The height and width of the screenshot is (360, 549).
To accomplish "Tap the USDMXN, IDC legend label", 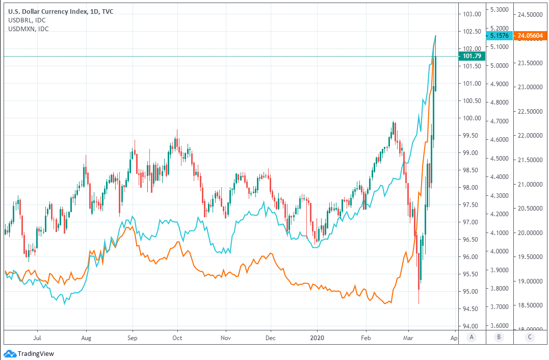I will [x=29, y=29].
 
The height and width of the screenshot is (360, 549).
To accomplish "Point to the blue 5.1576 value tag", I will [x=498, y=36].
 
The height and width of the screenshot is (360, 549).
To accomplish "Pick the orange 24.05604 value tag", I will [x=530, y=36].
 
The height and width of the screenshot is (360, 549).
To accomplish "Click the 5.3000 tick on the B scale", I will [x=499, y=10].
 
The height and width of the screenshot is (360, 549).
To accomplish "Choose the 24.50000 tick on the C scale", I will [x=530, y=14].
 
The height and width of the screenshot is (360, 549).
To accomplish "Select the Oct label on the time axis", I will [x=177, y=338].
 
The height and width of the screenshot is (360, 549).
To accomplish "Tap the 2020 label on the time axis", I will [x=317, y=338].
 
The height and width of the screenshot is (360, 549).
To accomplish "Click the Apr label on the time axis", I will [x=453, y=338].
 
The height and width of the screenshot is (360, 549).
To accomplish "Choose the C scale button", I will [x=530, y=337].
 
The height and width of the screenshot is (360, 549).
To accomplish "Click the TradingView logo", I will [x=30, y=353].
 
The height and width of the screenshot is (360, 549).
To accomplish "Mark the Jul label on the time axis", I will [x=37, y=338].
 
